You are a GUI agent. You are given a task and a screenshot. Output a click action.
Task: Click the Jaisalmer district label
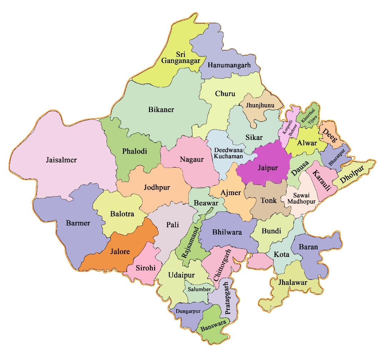[x=61, y=160]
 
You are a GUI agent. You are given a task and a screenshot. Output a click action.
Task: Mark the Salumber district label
[x=199, y=289]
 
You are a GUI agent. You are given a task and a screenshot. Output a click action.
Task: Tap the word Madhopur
[x=301, y=202]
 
